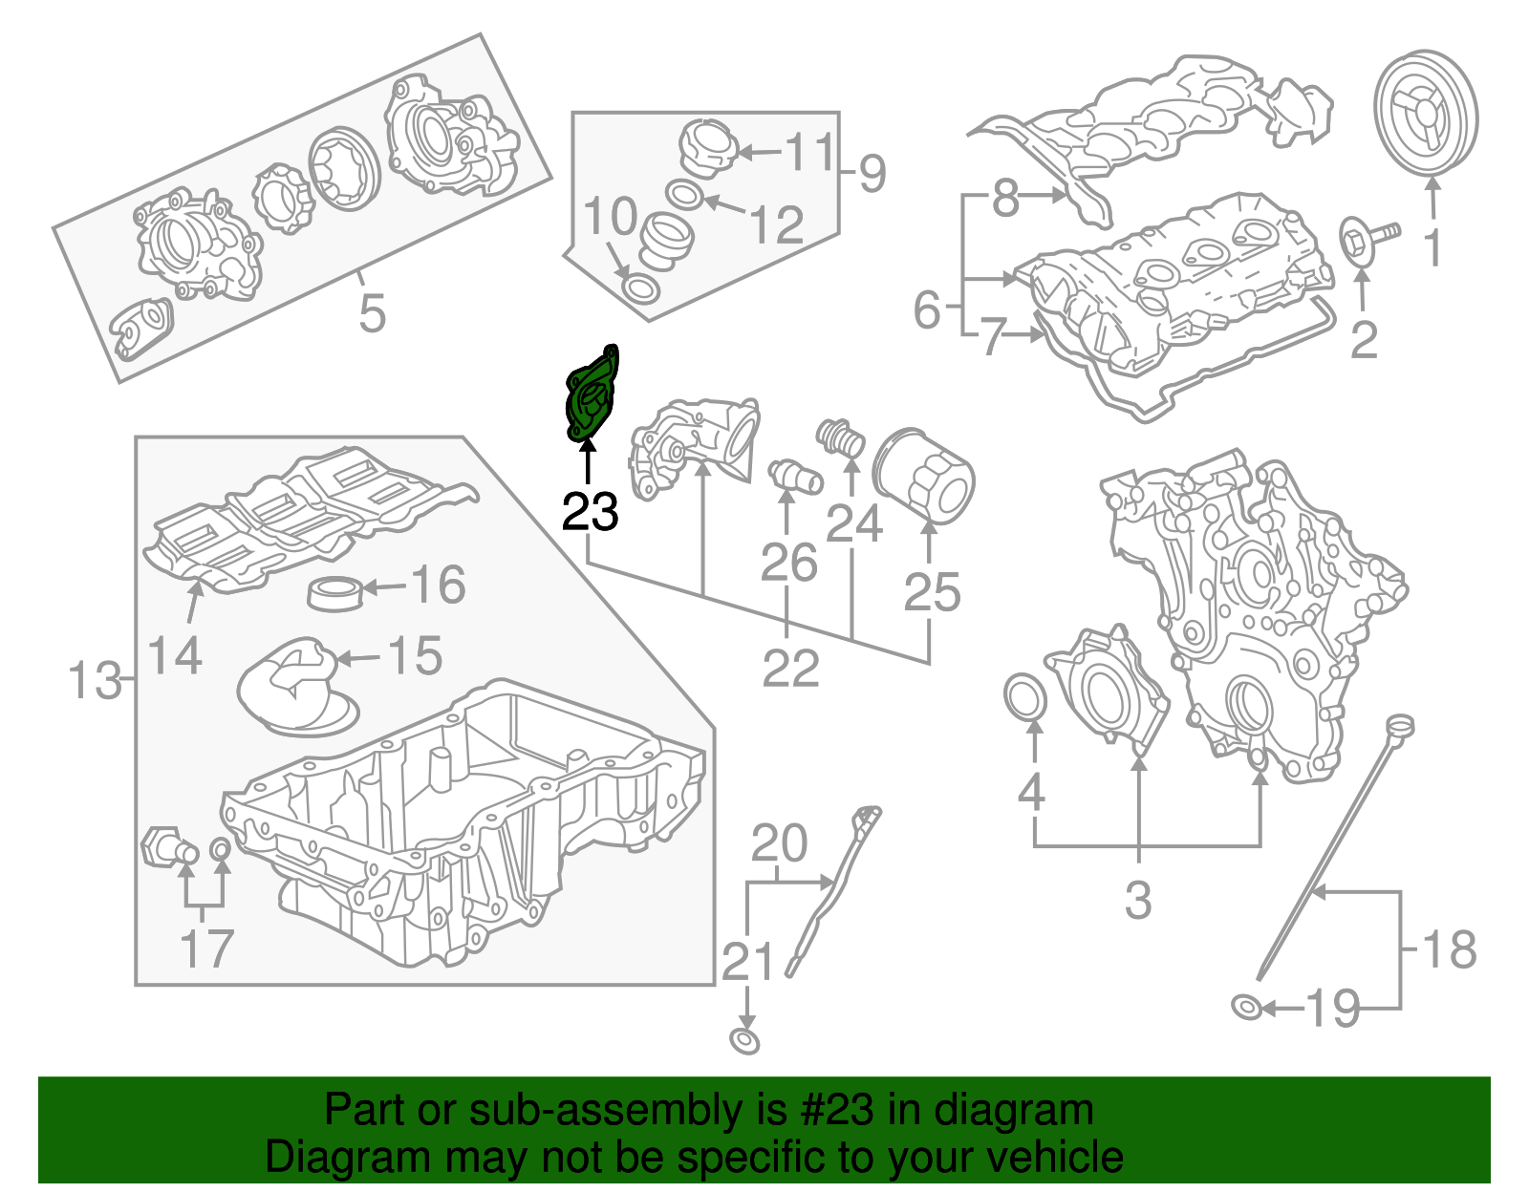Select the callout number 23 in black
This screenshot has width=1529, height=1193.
coord(590,513)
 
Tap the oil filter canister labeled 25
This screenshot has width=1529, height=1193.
coord(923,476)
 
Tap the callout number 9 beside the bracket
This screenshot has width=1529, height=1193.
coord(872,174)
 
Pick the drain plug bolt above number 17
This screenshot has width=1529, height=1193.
coord(167,847)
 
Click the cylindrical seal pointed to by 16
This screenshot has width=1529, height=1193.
coord(335,592)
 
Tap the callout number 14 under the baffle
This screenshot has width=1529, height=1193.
coord(176,656)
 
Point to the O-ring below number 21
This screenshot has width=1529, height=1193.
coord(744,1040)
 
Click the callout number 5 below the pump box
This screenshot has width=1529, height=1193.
coord(372,312)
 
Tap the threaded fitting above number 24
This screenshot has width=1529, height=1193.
coord(841,439)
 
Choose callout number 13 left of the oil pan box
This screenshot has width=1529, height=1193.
coord(95,681)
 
